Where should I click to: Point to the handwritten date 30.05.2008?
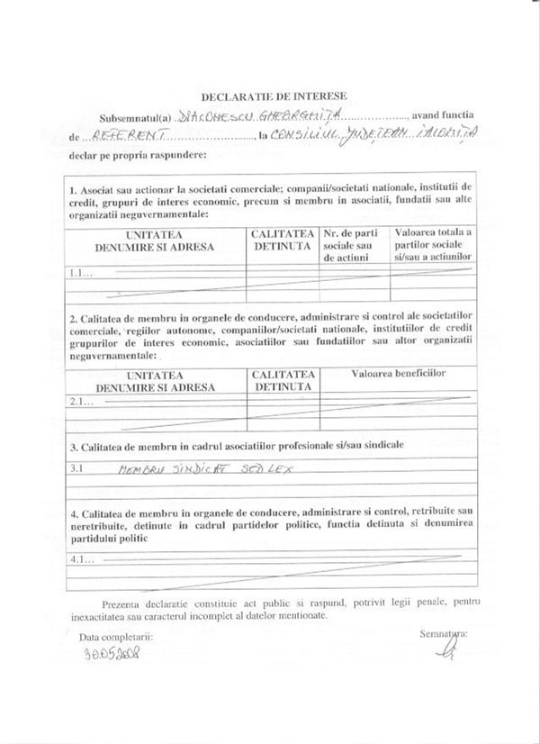113,655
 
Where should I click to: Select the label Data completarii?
116,637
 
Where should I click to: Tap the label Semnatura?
443,634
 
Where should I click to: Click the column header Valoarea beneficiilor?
399,373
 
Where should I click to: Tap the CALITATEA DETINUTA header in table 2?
283,379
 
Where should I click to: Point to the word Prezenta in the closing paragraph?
122,601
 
